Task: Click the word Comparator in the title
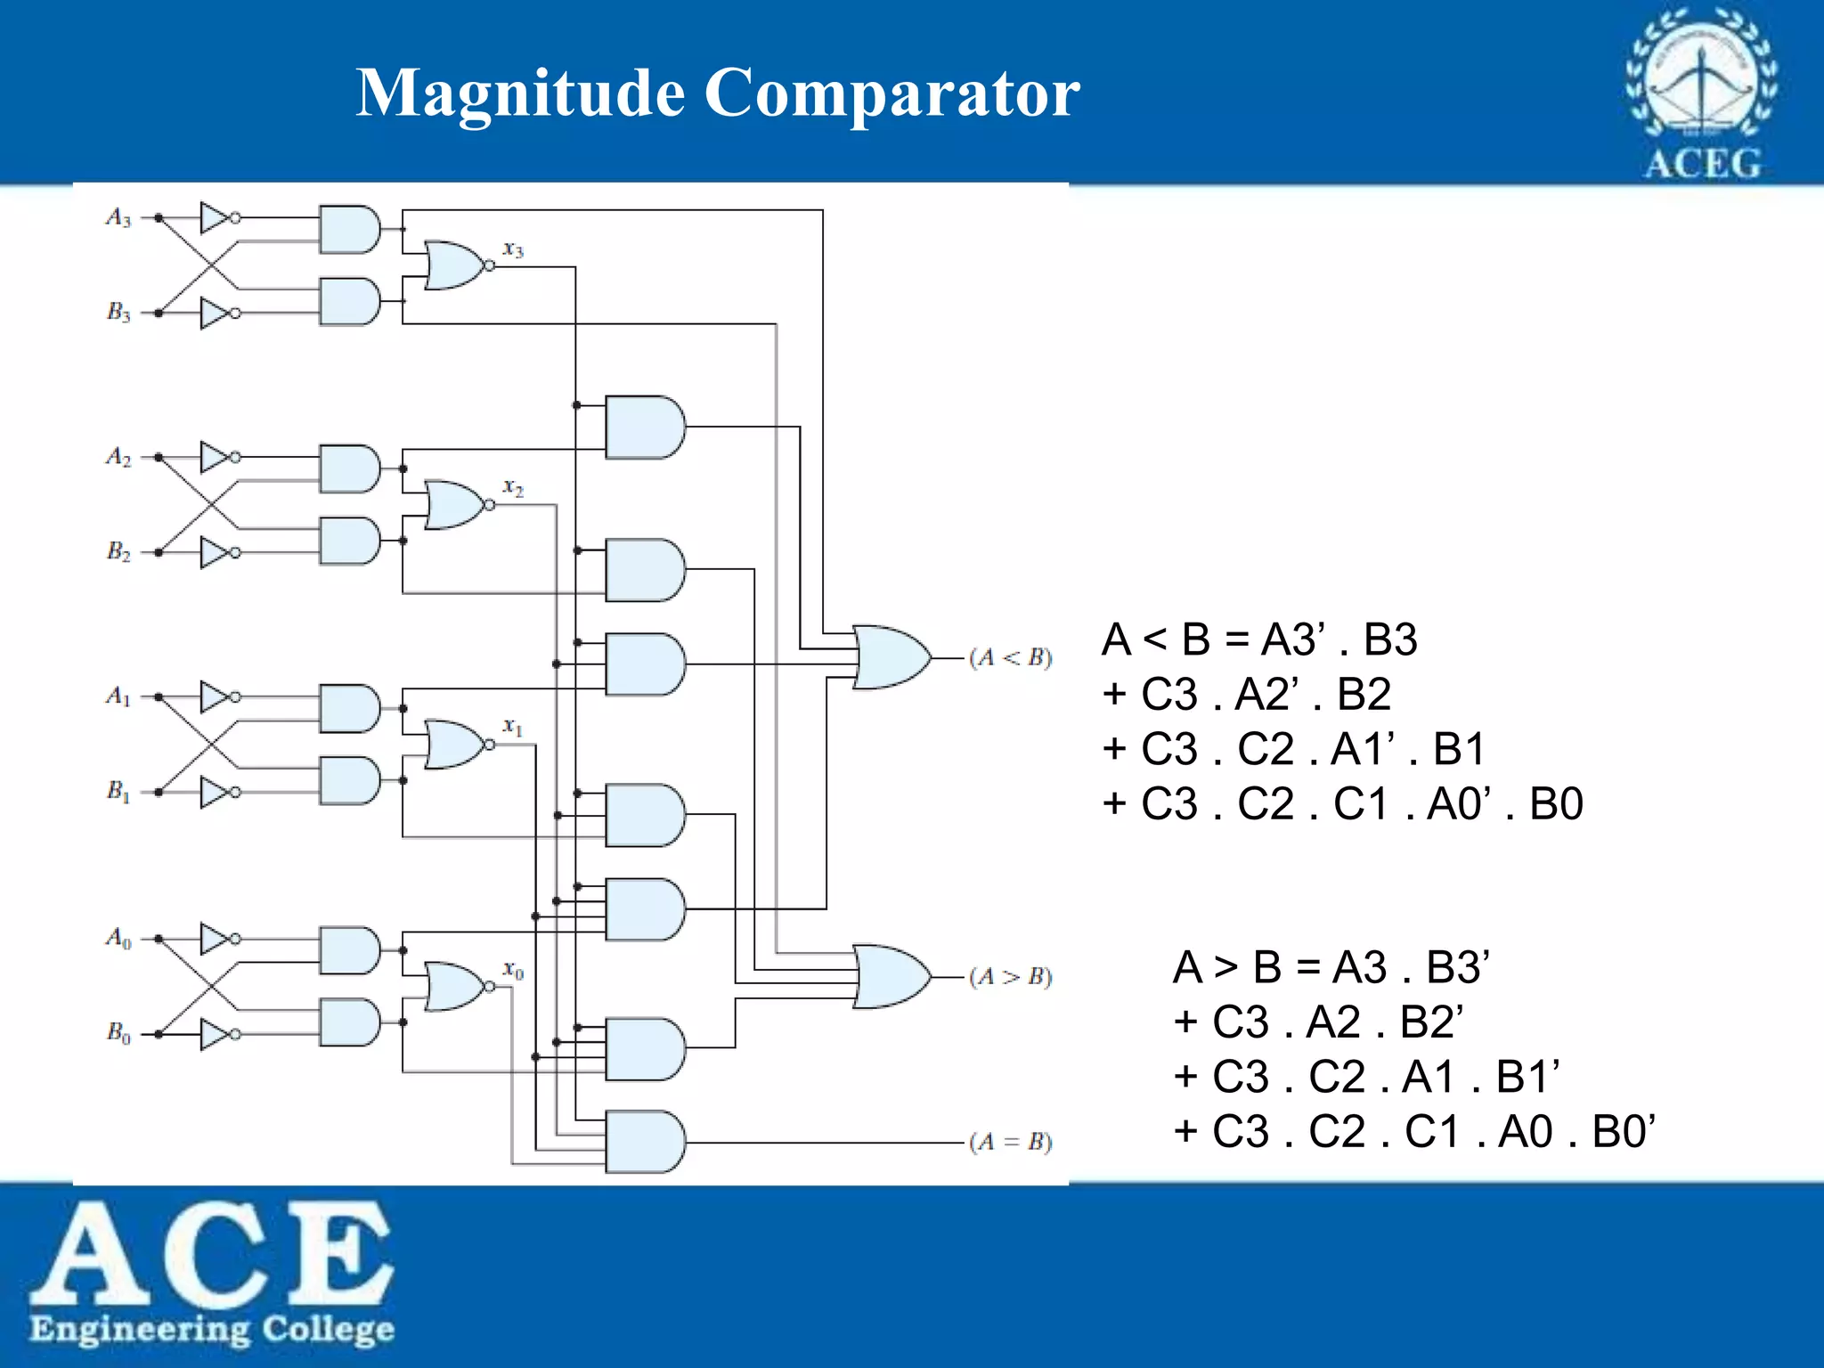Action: coord(892,94)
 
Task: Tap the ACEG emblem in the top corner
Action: coord(1701,94)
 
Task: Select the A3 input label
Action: coord(118,217)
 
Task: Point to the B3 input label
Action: coord(118,312)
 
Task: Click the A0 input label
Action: coord(118,938)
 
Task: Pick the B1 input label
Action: coord(118,791)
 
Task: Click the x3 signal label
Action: coord(513,249)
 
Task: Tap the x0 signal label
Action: coord(513,969)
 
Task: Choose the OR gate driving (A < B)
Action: coord(891,657)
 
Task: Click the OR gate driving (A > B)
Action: coord(891,976)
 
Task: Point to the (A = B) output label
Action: coord(1011,1142)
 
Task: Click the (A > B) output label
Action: coord(1011,977)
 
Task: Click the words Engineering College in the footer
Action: coord(212,1329)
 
